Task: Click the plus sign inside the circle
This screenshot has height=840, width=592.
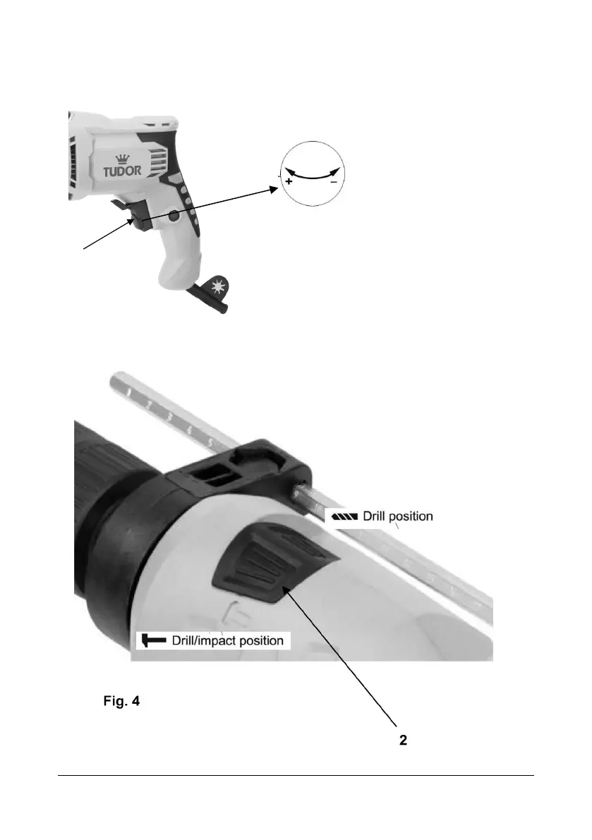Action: click(x=289, y=181)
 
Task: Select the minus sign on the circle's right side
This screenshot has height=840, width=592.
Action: click(x=333, y=181)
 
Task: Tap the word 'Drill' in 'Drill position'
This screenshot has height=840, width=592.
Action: click(x=376, y=516)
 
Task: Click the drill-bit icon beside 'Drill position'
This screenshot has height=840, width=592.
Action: click(x=344, y=516)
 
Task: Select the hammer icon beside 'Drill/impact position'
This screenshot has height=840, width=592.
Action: click(x=151, y=640)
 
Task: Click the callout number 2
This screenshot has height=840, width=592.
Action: click(x=404, y=742)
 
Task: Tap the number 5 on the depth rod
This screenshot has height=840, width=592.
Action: click(x=210, y=442)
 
